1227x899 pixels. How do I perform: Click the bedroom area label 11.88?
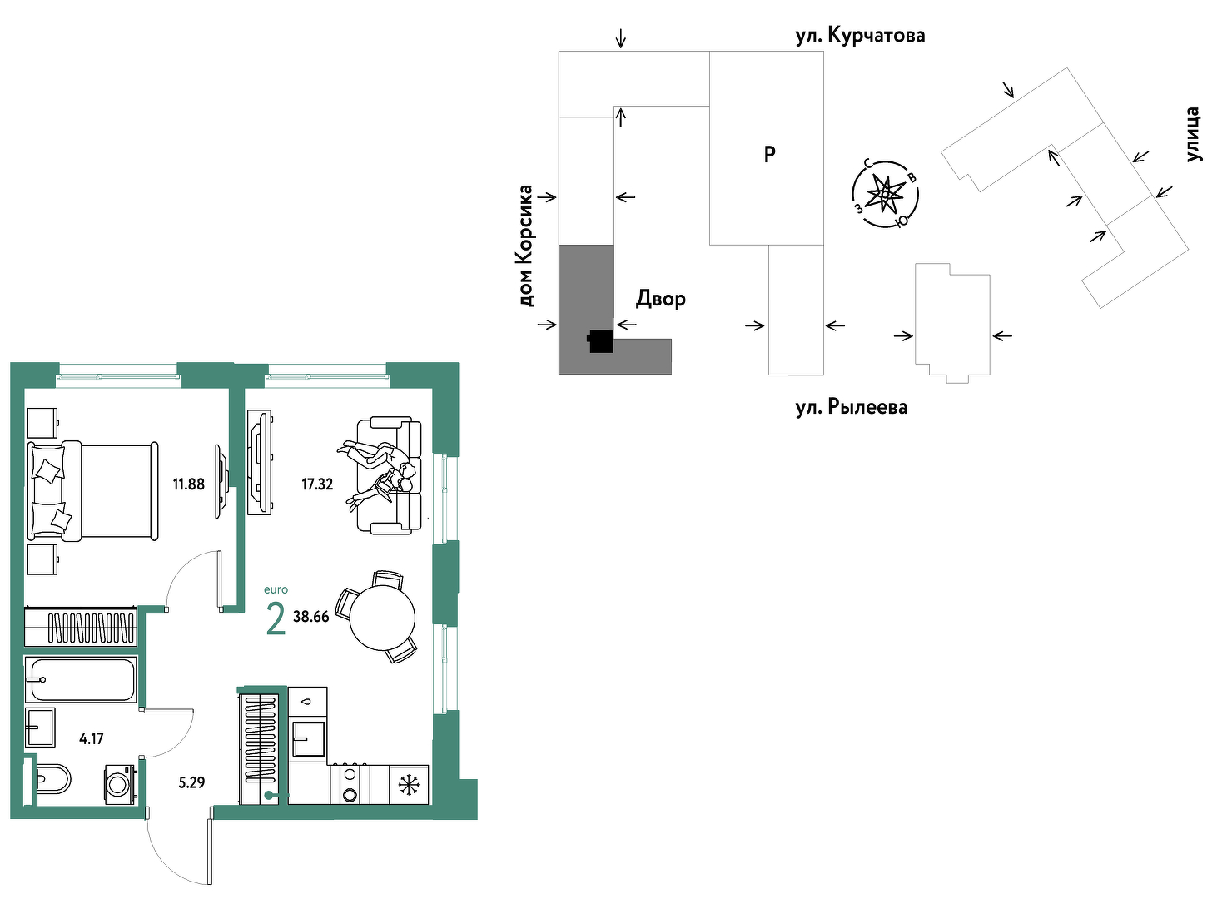(x=189, y=484)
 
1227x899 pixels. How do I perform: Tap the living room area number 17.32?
(x=317, y=484)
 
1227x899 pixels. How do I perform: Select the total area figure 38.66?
(x=311, y=617)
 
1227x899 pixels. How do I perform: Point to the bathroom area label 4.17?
(x=92, y=739)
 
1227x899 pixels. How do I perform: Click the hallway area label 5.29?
(x=191, y=782)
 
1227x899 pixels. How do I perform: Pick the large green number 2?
(x=276, y=618)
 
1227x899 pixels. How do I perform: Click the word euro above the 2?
(x=276, y=589)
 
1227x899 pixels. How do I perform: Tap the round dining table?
(x=382, y=618)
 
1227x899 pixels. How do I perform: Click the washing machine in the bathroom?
(x=119, y=785)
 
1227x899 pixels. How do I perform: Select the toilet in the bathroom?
(x=53, y=778)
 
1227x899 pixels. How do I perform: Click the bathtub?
(x=81, y=680)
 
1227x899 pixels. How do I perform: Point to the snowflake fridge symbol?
(x=409, y=785)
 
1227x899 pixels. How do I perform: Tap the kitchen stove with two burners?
(x=350, y=784)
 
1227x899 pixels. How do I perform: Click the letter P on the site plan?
(x=770, y=155)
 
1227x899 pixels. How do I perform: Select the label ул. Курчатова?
(x=861, y=36)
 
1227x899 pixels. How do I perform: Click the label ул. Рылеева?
(x=852, y=408)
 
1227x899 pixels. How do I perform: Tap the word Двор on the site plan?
(x=661, y=299)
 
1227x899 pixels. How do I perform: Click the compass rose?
(x=885, y=194)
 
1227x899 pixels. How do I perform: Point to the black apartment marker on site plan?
(x=600, y=342)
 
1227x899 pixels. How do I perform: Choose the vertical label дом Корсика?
(x=525, y=246)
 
